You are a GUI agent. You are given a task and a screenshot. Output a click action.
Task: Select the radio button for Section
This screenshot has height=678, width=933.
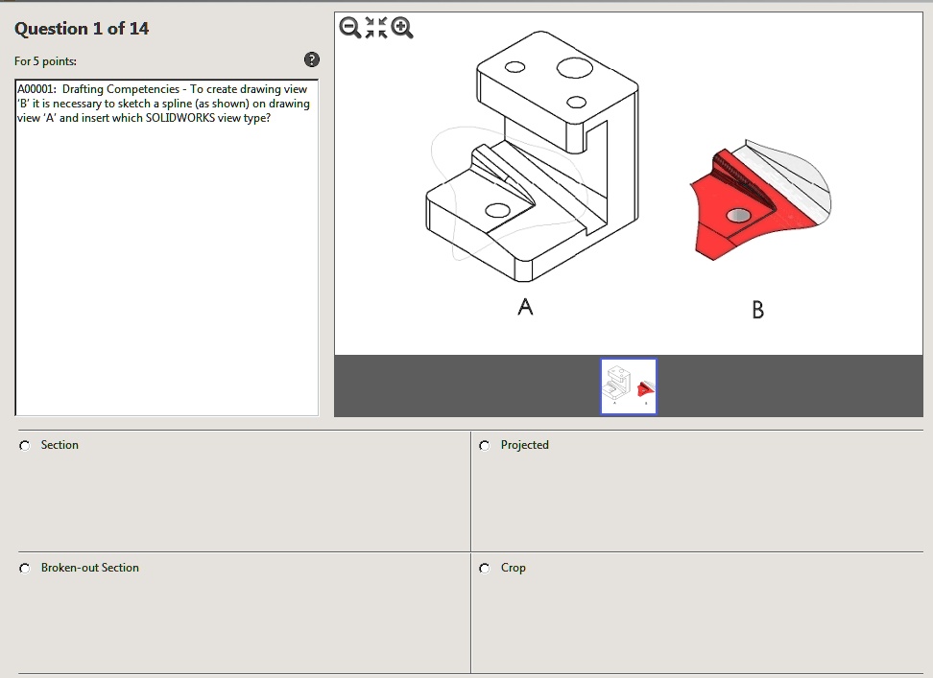click(25, 445)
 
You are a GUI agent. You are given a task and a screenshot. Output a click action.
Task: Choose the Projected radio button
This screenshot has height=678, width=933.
click(485, 445)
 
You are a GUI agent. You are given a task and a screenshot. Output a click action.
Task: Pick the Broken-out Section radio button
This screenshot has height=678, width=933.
click(25, 568)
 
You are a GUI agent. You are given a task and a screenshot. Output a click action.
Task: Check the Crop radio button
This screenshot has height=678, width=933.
click(485, 568)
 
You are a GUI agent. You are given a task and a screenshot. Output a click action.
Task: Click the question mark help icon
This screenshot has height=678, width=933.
click(311, 60)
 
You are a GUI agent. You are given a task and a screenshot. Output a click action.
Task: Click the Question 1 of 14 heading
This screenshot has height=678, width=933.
click(82, 29)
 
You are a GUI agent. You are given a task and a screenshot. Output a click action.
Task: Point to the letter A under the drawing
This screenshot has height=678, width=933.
click(525, 307)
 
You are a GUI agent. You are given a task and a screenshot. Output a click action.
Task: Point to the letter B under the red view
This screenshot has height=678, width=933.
click(758, 310)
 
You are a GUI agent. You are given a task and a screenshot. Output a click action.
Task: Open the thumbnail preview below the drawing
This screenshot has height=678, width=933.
click(629, 386)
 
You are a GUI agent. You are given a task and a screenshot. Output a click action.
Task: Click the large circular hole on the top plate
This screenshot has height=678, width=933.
click(573, 67)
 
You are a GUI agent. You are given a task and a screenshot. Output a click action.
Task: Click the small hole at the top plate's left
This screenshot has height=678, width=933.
click(515, 67)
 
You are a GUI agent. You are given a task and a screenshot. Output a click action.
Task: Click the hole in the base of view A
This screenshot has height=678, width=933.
click(497, 210)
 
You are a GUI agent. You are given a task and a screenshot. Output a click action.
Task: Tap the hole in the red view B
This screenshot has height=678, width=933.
click(738, 216)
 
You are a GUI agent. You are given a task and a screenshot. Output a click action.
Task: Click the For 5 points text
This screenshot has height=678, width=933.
click(46, 61)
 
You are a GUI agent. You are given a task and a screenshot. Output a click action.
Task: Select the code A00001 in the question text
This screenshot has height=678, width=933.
click(36, 89)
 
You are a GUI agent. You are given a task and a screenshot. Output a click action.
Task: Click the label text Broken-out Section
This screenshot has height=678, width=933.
click(90, 568)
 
